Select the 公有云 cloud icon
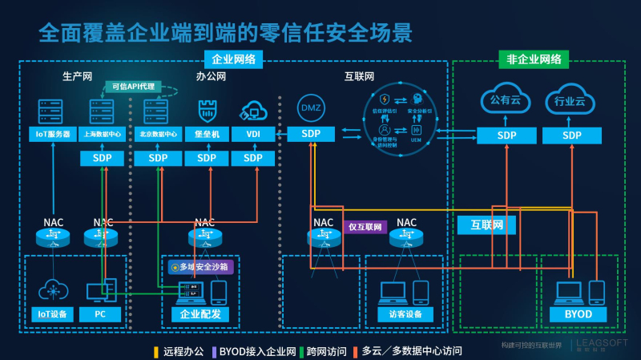(x=506, y=100)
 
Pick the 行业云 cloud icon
(x=570, y=101)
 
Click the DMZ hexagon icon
(x=310, y=107)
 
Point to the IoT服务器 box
(x=53, y=134)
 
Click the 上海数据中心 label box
(x=103, y=134)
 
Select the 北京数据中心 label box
(x=158, y=134)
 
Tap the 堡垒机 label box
(x=207, y=134)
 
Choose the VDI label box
(x=253, y=134)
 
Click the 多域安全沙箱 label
(x=200, y=266)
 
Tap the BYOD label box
(x=574, y=314)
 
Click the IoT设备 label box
(x=53, y=314)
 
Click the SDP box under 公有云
(x=506, y=136)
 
